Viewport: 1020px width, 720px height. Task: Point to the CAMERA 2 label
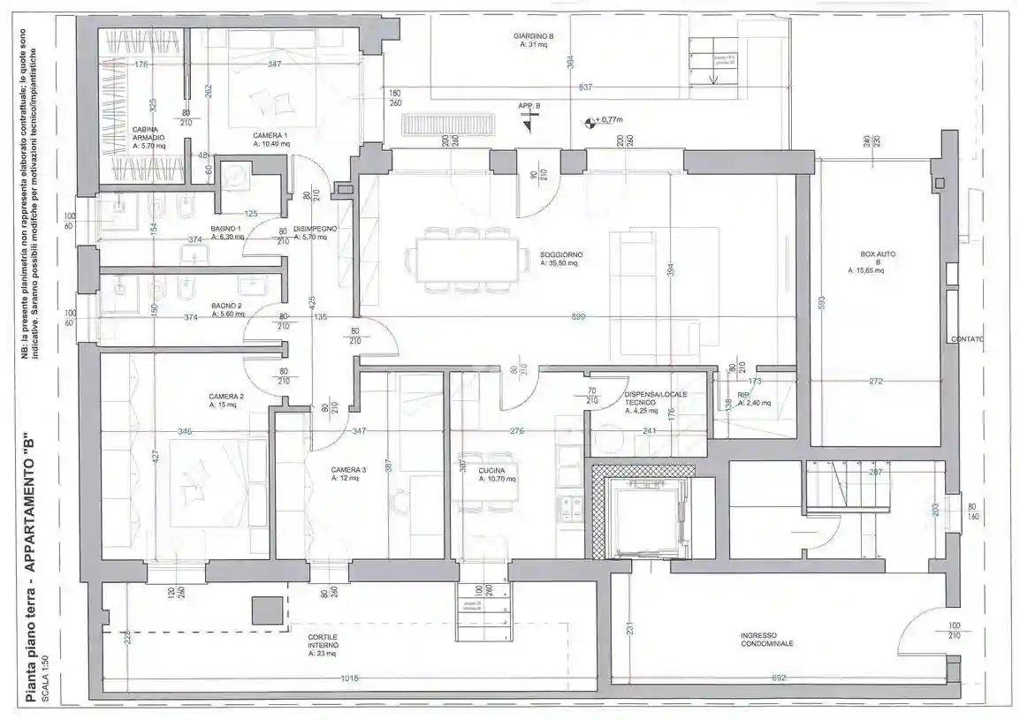[226, 396]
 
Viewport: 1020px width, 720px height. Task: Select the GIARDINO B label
[533, 36]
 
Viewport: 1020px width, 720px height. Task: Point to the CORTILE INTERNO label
[323, 640]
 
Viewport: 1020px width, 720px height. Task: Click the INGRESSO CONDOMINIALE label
[766, 639]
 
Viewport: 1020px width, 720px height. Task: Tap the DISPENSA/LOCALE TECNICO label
[655, 398]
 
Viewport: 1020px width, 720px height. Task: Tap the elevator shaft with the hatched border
[643, 512]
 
